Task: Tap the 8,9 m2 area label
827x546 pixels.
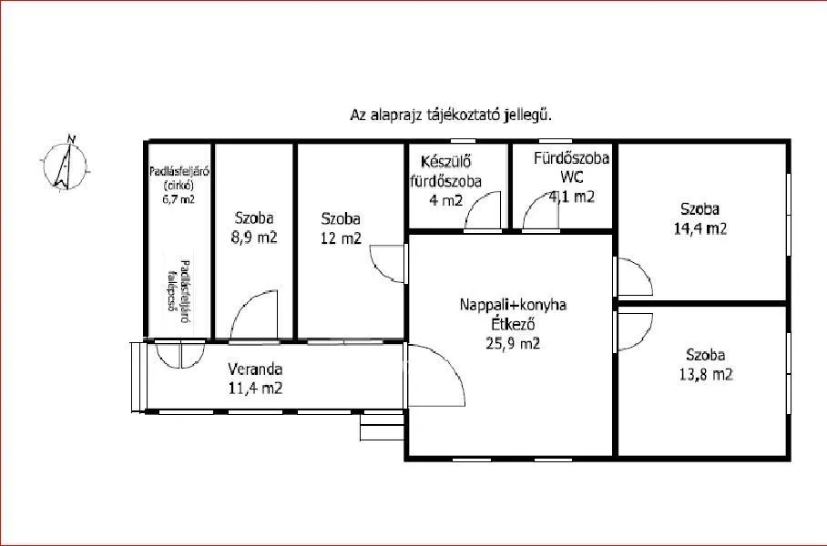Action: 255,238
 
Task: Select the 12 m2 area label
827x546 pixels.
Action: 340,239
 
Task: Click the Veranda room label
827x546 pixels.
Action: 255,369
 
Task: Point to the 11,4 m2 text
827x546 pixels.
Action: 255,389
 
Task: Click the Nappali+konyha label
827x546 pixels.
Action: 513,306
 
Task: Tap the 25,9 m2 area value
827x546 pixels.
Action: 513,343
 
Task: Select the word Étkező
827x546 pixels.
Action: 513,325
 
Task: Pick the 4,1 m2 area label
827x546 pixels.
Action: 572,195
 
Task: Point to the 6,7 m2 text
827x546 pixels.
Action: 179,198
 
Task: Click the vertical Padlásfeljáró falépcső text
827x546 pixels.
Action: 179,286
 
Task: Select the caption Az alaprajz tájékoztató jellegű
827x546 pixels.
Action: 452,116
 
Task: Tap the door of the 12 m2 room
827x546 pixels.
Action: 388,264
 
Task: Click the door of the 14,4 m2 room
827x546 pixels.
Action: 632,277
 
